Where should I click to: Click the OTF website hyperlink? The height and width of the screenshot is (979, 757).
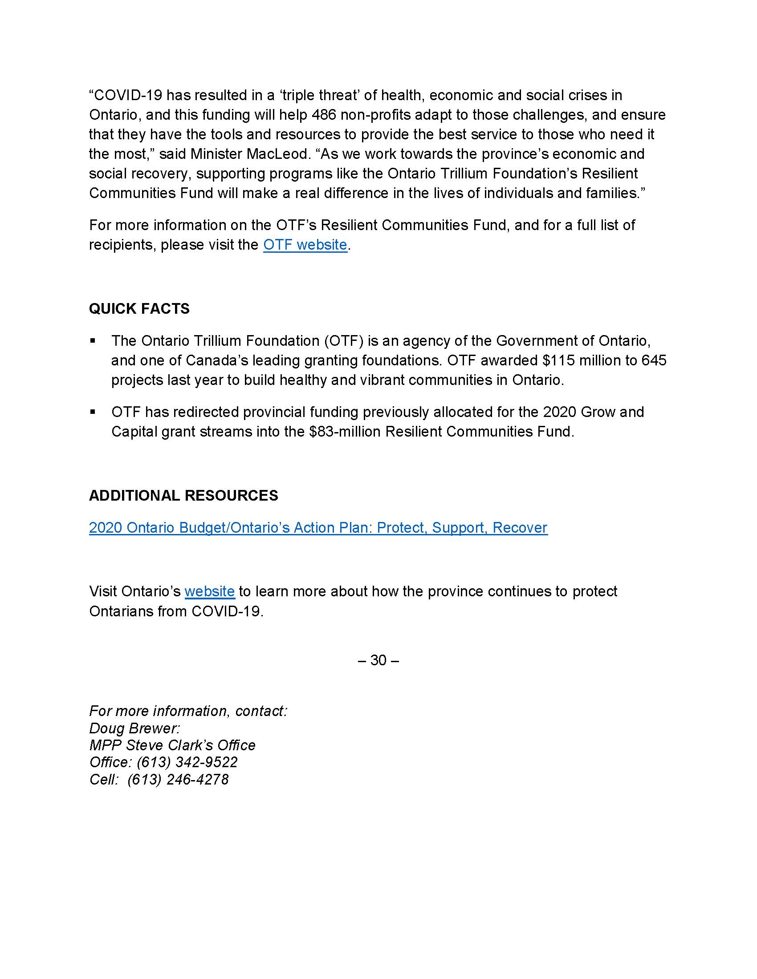point(305,245)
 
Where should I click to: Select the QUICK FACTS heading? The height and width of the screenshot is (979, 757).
point(139,308)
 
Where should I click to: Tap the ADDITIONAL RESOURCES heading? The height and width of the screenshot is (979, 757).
point(183,495)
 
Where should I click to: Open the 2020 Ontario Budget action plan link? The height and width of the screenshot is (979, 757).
point(318,528)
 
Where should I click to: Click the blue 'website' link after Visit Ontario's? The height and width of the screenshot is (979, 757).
point(209,591)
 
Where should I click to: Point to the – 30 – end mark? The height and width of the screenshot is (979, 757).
point(378,660)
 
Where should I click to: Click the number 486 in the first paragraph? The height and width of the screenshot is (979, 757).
point(323,115)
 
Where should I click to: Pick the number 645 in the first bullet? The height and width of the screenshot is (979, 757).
point(654,360)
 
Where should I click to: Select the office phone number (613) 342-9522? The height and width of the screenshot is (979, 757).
point(187,762)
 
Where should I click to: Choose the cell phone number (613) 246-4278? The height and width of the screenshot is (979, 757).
point(178,780)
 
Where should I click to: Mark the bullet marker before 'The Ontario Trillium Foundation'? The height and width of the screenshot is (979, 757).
point(93,341)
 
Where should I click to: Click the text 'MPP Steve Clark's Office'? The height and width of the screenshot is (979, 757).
point(172,745)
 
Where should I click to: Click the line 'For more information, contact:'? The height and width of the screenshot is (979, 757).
point(188,711)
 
